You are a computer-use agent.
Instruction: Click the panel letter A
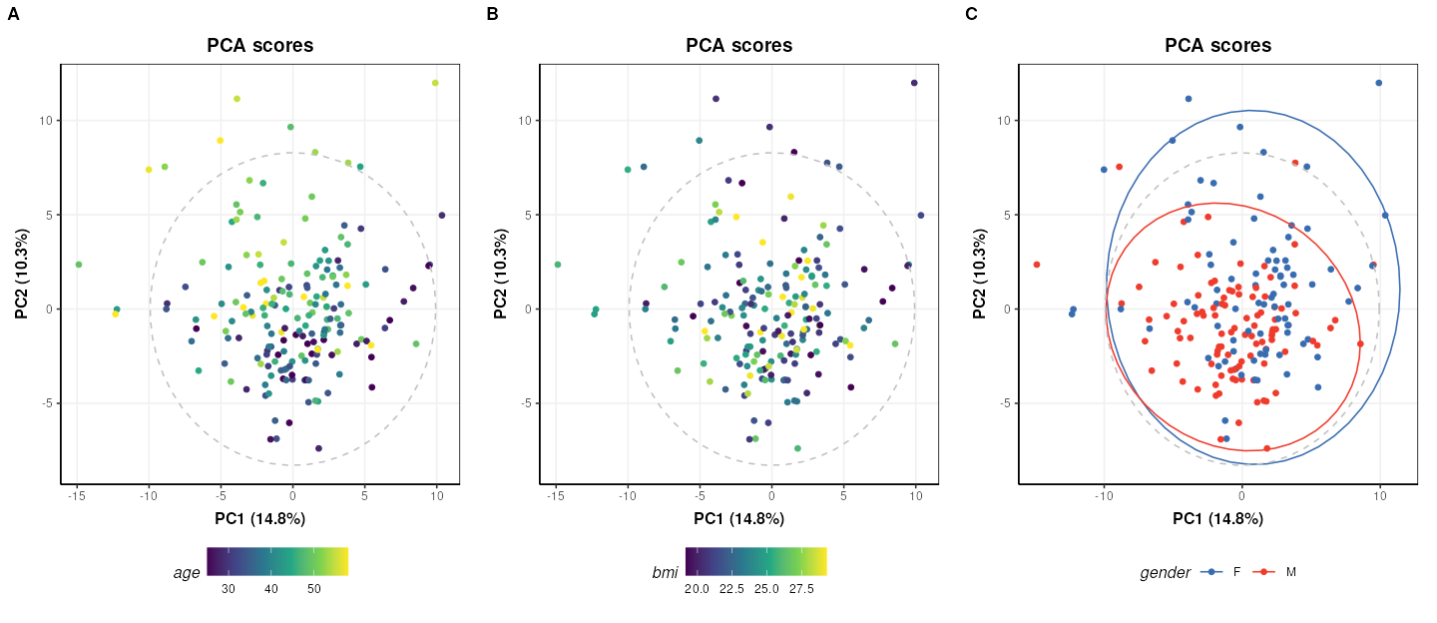pyautogui.click(x=13, y=14)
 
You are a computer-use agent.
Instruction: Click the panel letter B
pyautogui.click(x=492, y=14)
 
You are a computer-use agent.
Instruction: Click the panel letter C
pyautogui.click(x=971, y=14)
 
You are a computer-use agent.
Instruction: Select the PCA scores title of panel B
pyautogui.click(x=738, y=46)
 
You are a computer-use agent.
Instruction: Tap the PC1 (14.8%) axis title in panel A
pyautogui.click(x=259, y=518)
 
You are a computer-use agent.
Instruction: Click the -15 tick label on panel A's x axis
pyautogui.click(x=77, y=495)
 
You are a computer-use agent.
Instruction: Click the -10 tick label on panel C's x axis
pyautogui.click(x=1104, y=495)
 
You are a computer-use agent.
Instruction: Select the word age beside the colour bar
pyautogui.click(x=187, y=572)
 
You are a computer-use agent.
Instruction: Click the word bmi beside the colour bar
pyautogui.click(x=665, y=572)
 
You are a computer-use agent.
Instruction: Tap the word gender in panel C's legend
pyautogui.click(x=1166, y=572)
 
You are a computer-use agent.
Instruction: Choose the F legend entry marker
pyautogui.click(x=1211, y=572)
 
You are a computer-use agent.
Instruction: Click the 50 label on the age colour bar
pyautogui.click(x=313, y=589)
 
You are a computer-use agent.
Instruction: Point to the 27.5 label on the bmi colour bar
pyautogui.click(x=801, y=589)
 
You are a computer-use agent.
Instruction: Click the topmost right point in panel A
pyautogui.click(x=435, y=83)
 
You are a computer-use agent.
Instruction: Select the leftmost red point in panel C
pyautogui.click(x=1037, y=265)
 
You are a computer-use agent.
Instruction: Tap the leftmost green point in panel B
pyautogui.click(x=557, y=265)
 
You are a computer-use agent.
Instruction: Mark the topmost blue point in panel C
pyautogui.click(x=1379, y=83)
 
